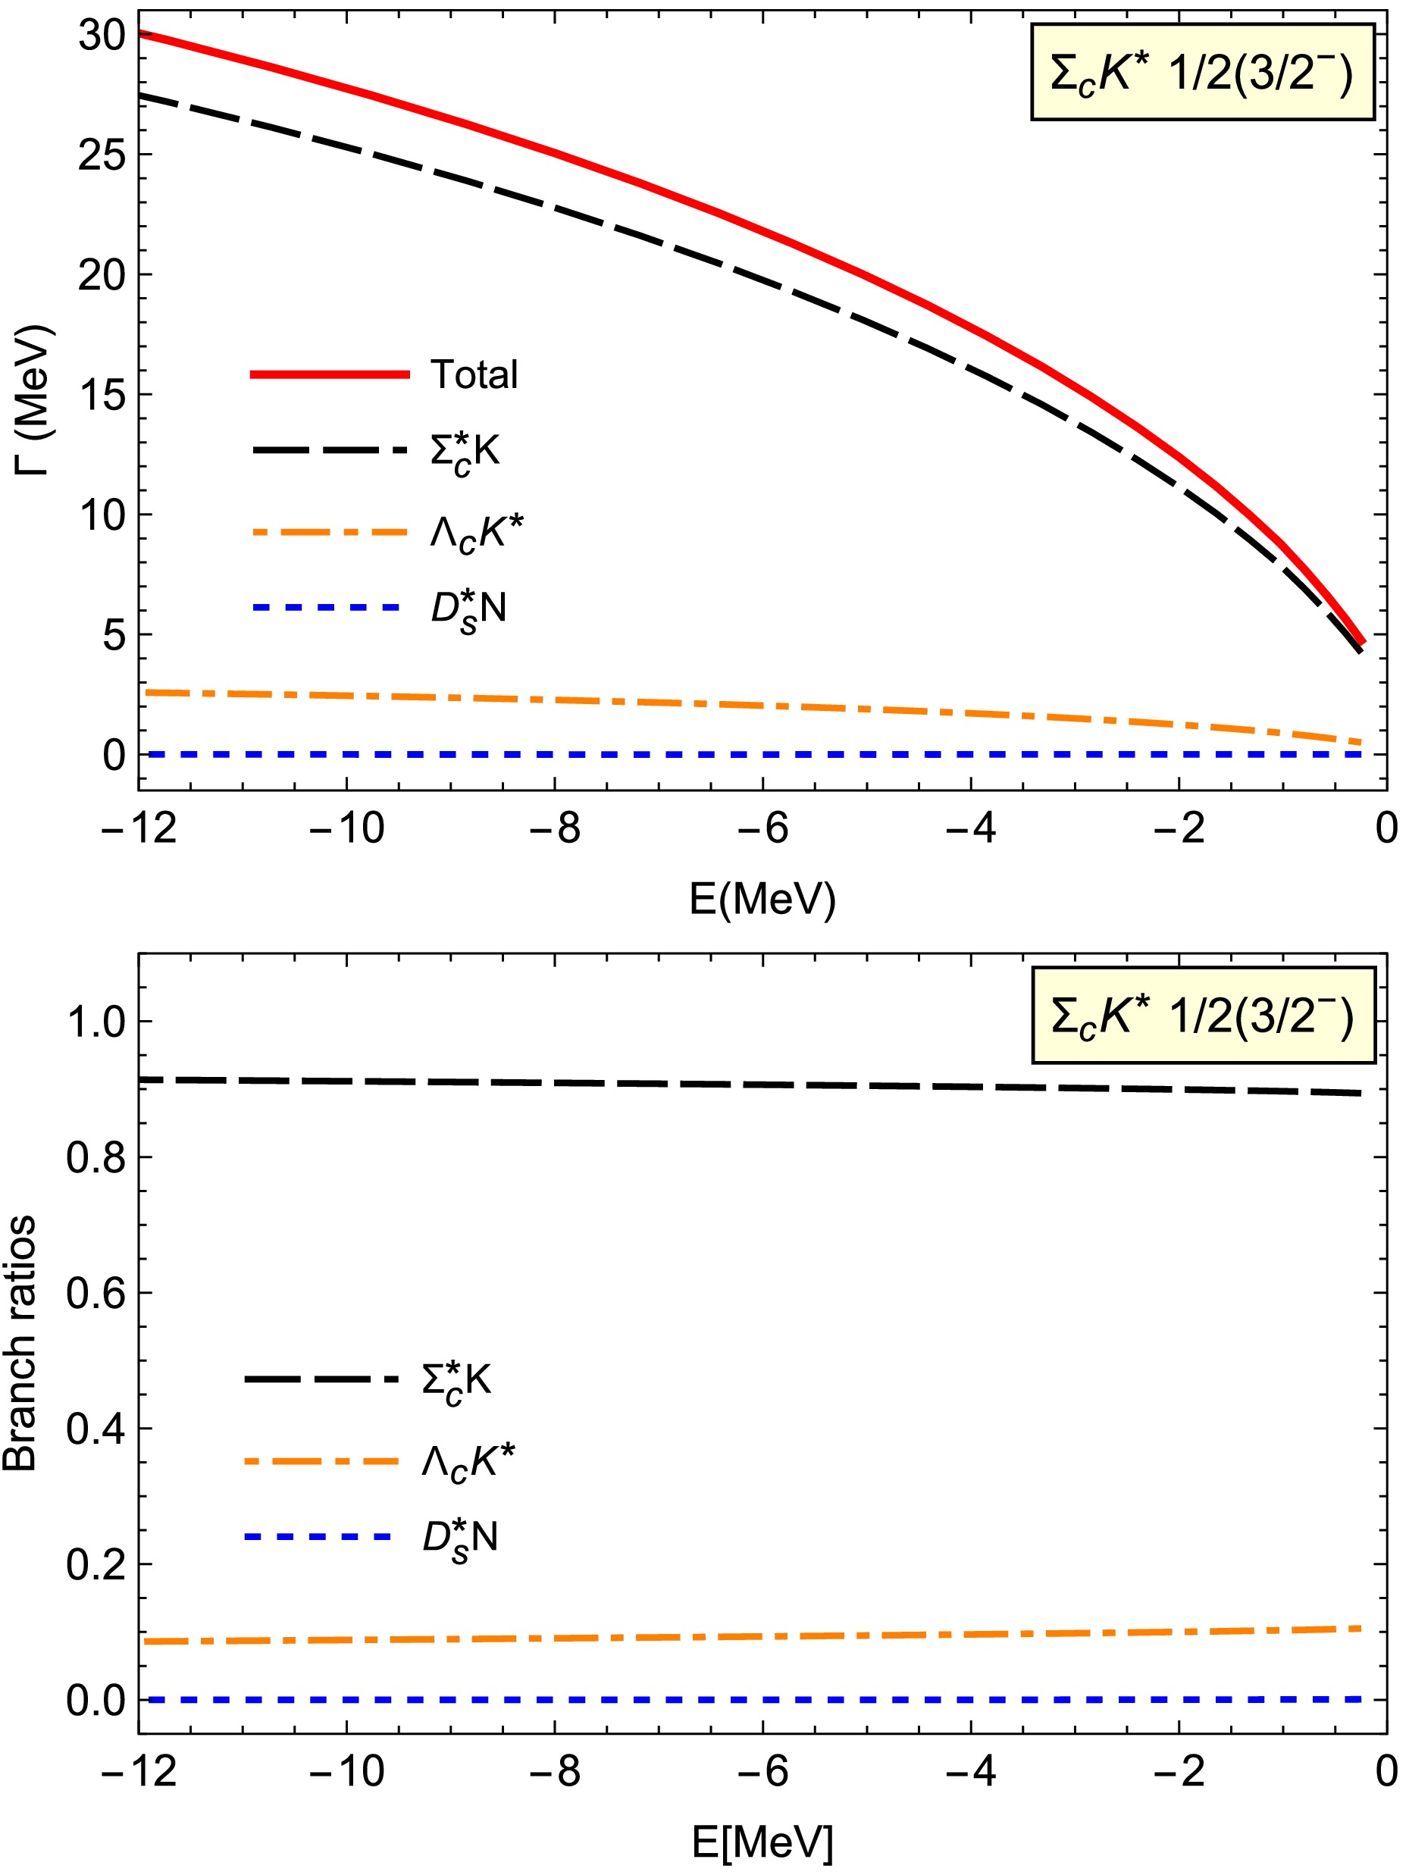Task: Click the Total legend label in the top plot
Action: [x=474, y=374]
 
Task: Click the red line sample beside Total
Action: [x=330, y=374]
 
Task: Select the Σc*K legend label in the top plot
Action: [x=465, y=452]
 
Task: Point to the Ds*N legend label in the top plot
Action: [x=468, y=609]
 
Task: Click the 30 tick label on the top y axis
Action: [x=102, y=36]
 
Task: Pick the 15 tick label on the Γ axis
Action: [x=102, y=395]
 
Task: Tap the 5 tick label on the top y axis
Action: [x=114, y=635]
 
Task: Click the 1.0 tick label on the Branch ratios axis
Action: [x=95, y=1022]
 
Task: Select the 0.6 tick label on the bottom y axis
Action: [x=95, y=1294]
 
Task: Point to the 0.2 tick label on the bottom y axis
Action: [x=95, y=1565]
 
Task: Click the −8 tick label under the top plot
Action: [x=555, y=828]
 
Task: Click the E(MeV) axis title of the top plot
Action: [x=762, y=899]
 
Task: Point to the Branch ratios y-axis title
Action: [x=20, y=1344]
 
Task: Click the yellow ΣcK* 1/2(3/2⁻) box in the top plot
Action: [x=1201, y=73]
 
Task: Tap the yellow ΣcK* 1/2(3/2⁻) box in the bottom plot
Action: [x=1202, y=1016]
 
